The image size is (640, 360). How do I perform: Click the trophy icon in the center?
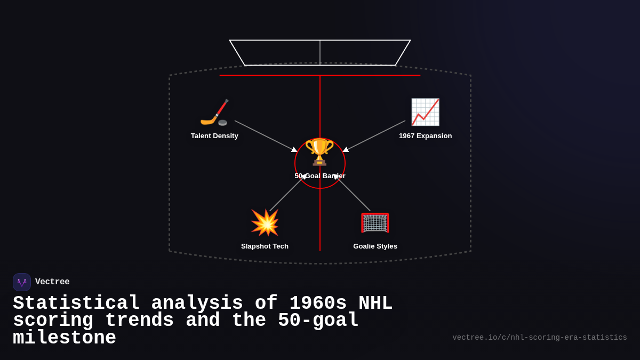319,151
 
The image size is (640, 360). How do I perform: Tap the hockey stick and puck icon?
214,113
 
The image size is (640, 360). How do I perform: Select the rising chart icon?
425,112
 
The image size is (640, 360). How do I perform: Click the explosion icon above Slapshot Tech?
265,222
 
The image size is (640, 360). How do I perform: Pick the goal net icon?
375,222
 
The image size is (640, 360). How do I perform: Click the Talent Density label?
214,136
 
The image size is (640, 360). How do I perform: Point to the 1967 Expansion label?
425,136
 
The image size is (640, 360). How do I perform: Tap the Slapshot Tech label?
265,246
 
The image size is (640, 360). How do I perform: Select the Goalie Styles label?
375,246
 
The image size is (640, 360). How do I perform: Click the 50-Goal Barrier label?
320,176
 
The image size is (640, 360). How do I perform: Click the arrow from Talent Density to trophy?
265,135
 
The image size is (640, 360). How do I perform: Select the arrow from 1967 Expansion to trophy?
375,135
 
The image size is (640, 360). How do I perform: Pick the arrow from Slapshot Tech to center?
286,194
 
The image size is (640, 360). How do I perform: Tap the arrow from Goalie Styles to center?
354,194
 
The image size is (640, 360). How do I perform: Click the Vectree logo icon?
22,282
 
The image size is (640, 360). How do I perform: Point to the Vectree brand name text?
52,282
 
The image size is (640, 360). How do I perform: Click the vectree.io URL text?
539,338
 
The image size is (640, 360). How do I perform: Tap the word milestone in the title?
65,338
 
